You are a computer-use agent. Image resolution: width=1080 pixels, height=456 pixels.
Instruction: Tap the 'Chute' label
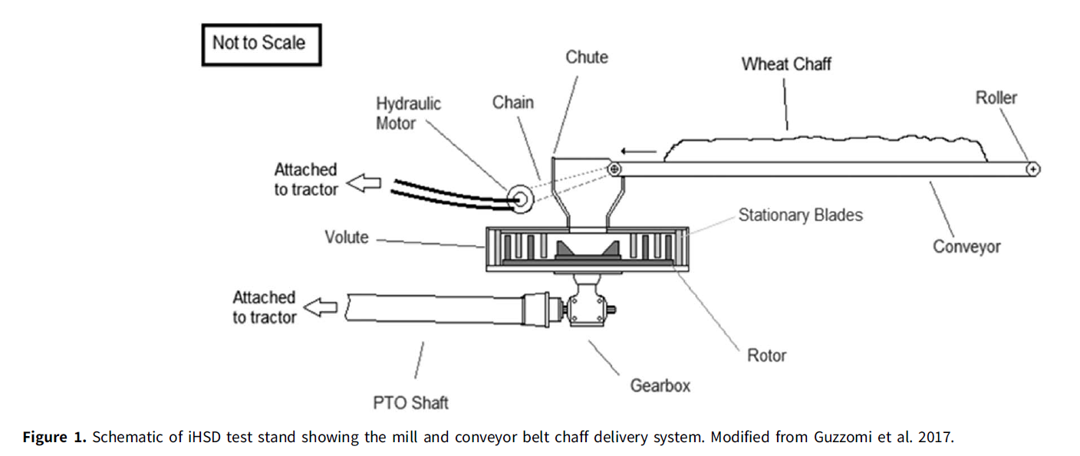coord(587,57)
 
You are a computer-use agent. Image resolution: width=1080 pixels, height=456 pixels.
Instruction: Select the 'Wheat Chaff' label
coord(786,64)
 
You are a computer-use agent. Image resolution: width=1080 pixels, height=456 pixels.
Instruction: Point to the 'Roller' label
coord(996,98)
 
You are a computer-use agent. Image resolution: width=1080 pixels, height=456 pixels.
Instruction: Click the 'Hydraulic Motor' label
coord(408,113)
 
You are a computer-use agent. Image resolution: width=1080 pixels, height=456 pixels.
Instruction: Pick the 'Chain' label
coord(513,103)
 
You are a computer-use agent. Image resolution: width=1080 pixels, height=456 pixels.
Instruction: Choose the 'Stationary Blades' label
coord(800,215)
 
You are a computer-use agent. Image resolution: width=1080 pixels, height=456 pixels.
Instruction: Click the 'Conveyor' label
coord(966,247)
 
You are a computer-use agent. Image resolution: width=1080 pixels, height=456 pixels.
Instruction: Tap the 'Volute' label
coord(346,238)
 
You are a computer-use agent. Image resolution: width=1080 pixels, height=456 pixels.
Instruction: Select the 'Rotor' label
coord(766,356)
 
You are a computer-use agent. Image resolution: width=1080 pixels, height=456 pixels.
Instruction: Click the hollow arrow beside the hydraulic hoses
coord(362,183)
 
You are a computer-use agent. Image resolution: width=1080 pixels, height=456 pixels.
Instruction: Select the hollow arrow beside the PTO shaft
coord(321,308)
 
